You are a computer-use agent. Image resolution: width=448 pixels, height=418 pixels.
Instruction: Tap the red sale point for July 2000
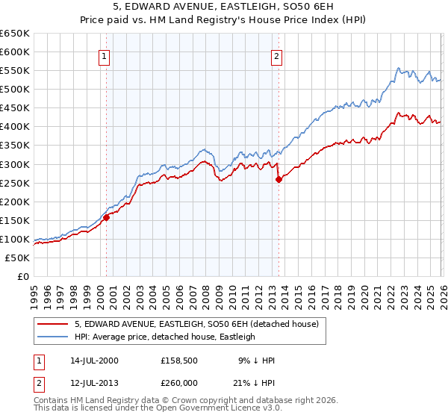(106, 217)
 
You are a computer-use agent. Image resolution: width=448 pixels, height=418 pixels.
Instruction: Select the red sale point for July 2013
(278, 179)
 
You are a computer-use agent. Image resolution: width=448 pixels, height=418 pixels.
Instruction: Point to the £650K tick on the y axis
(15, 34)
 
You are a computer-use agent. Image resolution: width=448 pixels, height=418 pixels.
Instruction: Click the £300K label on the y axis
(15, 164)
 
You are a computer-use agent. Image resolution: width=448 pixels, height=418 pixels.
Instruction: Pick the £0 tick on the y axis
(22, 276)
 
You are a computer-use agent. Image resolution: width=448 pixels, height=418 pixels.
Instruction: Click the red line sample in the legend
(52, 324)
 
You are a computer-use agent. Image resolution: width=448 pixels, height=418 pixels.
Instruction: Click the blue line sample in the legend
(52, 337)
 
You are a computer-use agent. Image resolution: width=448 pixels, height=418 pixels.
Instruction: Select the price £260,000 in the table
(180, 383)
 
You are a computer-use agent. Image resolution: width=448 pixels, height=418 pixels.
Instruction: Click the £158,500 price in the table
(180, 361)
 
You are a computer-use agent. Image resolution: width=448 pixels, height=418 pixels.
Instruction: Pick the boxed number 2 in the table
(39, 383)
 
